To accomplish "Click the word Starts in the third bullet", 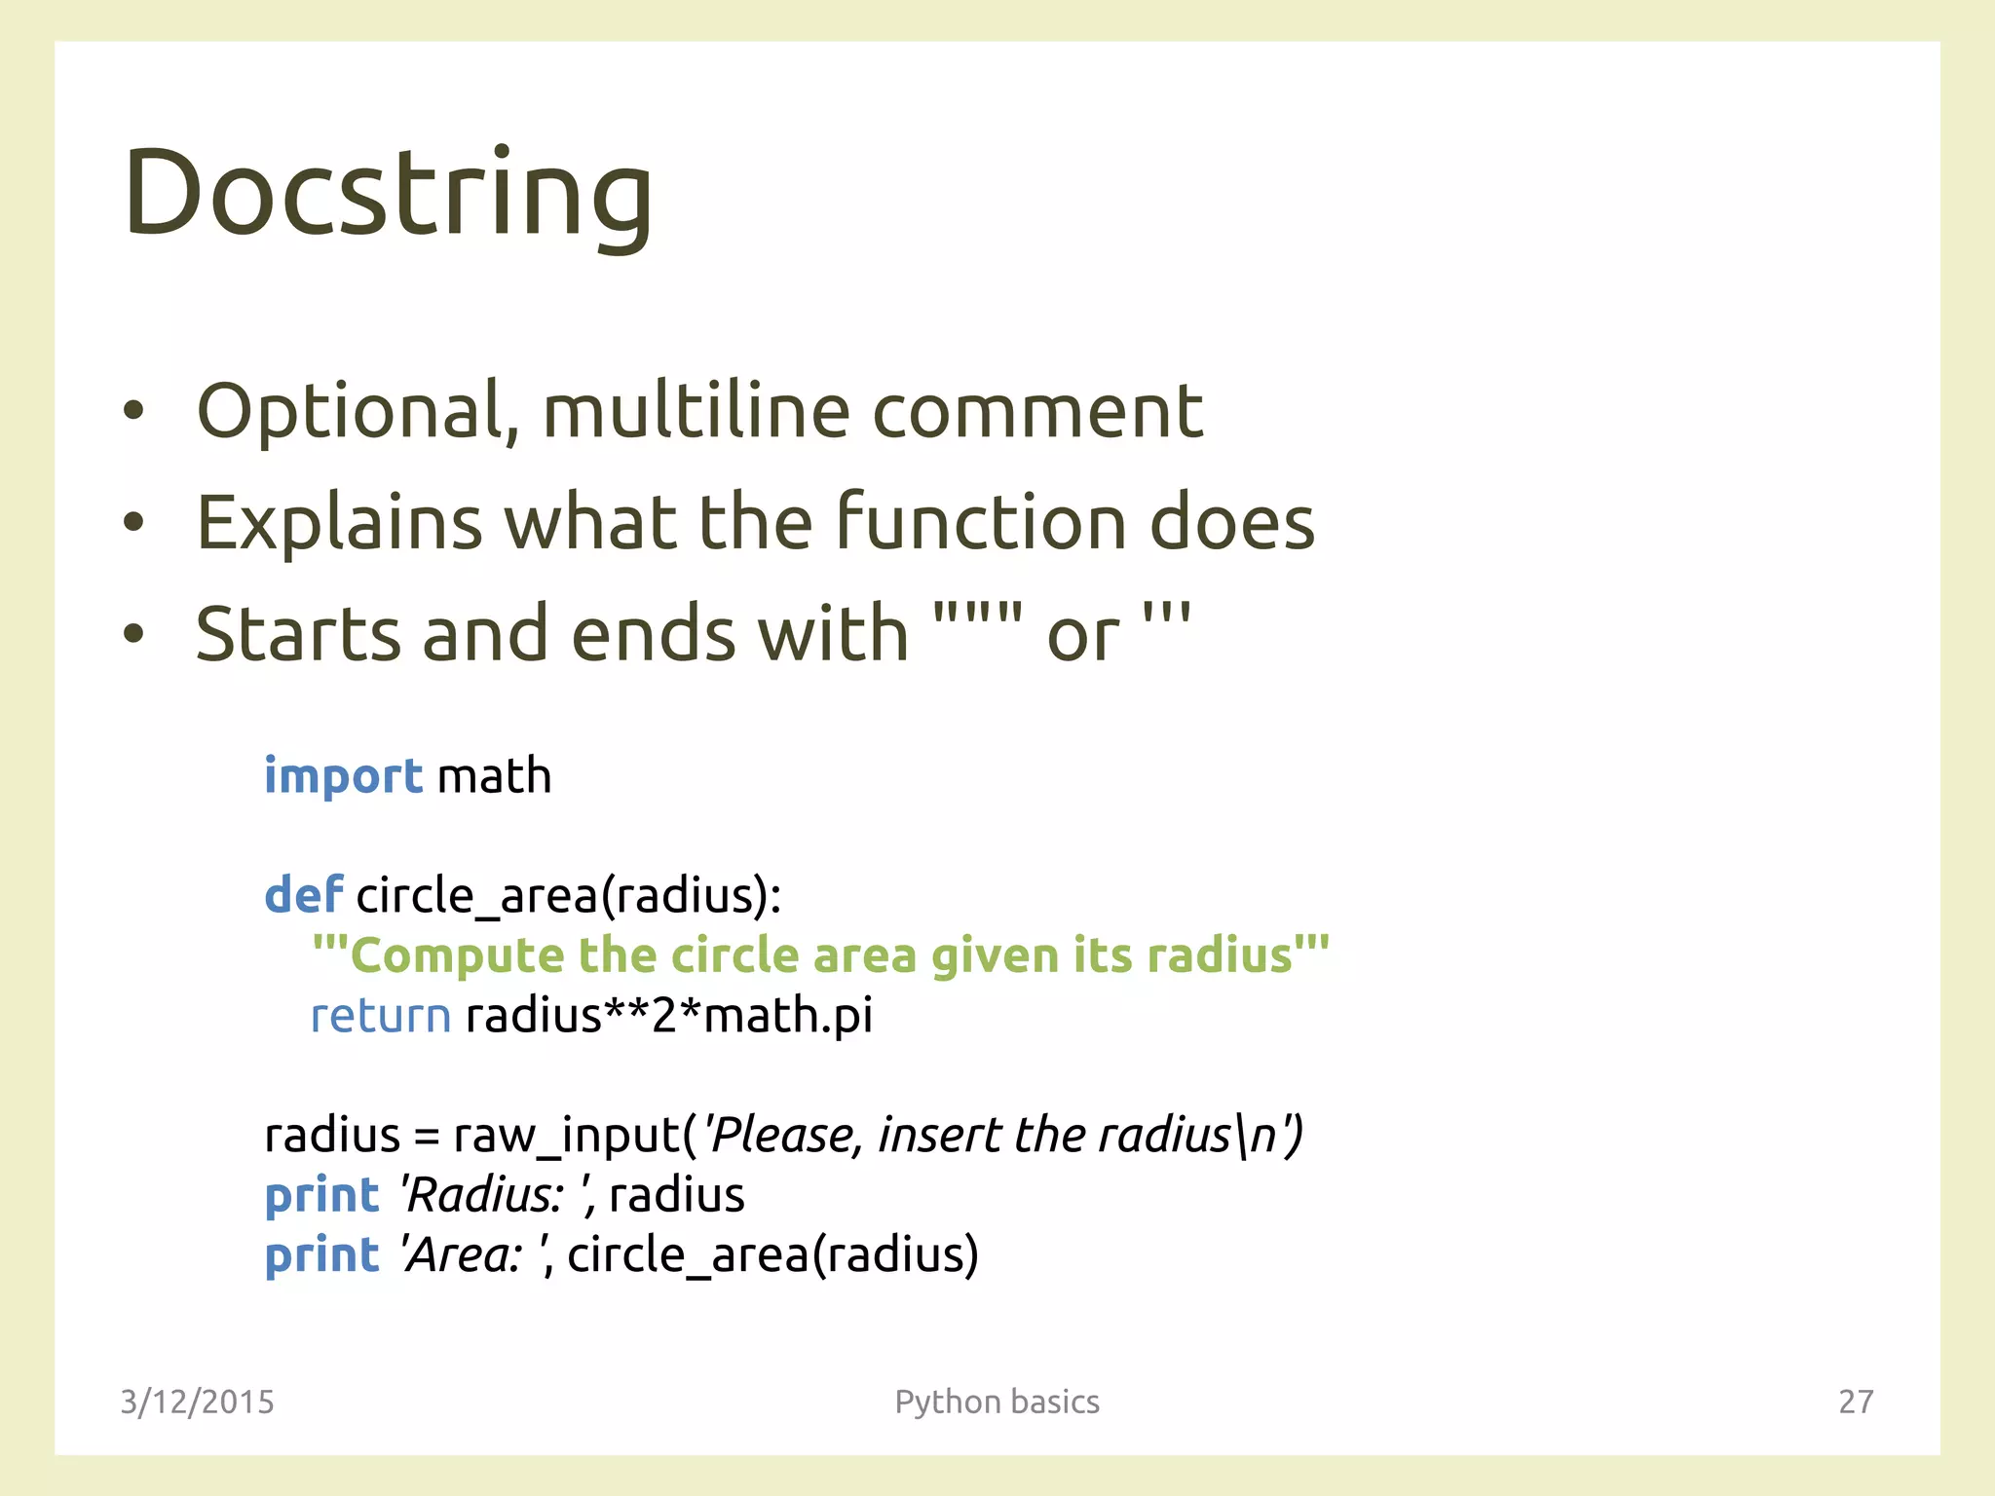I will coord(298,634).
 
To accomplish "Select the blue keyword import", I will coord(343,777).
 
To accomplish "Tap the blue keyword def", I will coord(303,894).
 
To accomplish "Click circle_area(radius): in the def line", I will coord(569,895).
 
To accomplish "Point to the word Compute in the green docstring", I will coord(456,955).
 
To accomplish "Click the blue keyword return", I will coord(381,1016).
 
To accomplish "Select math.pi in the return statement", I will coord(787,1016).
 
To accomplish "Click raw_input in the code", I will coord(567,1136).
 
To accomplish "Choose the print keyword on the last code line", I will coord(321,1255).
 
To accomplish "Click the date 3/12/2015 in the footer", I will coord(197,1402).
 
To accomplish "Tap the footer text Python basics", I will coord(997,1402).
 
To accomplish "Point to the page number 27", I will coord(1855,1402).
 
